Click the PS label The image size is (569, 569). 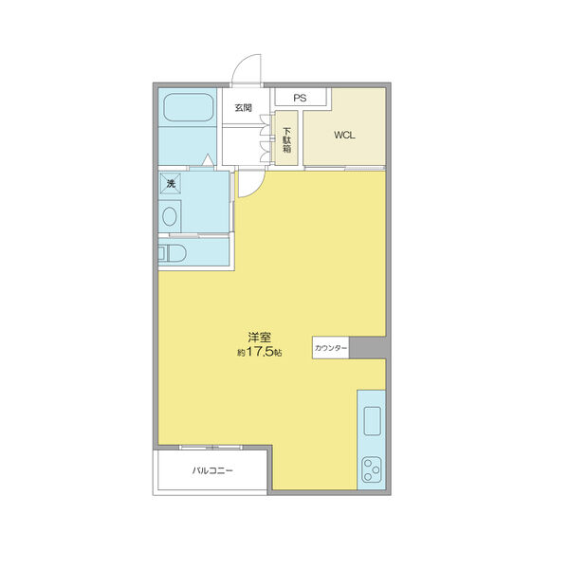300,98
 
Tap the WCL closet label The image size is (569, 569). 344,136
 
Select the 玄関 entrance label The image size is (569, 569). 243,108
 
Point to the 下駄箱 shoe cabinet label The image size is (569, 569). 287,139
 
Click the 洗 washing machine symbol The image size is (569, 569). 171,184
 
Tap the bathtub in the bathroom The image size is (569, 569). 188,107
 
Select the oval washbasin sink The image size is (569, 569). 170,216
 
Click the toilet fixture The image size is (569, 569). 173,253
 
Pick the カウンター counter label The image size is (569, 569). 330,348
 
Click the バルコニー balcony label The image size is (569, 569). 212,471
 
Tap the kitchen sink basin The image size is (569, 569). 372,420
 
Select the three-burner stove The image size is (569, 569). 372,469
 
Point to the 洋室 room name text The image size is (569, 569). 260,338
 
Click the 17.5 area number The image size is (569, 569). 261,352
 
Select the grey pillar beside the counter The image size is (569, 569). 367,348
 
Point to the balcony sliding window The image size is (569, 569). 211,447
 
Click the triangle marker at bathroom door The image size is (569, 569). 208,159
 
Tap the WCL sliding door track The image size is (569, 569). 344,168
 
